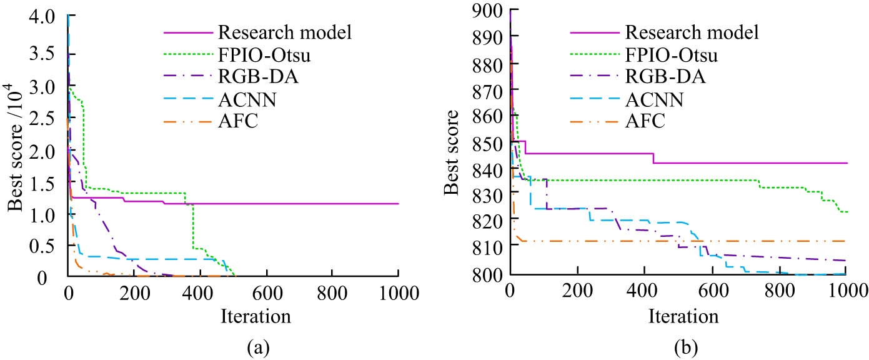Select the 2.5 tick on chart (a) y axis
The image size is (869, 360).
(46, 117)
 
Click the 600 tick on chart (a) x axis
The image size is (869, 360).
(267, 291)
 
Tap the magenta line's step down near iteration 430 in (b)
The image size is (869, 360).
(653, 158)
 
